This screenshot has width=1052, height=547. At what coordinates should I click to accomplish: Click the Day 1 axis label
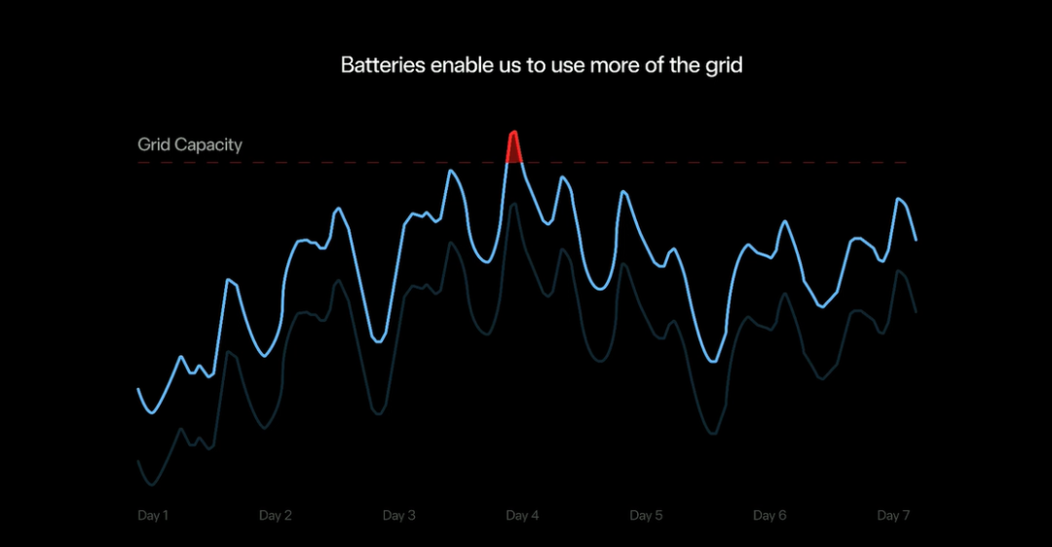153,516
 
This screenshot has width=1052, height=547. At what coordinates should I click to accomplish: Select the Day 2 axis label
276,516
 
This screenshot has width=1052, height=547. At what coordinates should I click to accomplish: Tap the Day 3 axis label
399,516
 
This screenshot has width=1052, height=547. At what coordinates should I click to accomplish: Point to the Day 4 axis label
522,516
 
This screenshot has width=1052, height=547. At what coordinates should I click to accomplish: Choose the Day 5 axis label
646,516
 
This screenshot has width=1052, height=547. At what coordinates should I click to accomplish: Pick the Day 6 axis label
770,516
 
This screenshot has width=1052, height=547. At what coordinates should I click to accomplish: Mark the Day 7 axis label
893,516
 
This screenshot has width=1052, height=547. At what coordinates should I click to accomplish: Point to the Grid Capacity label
190,145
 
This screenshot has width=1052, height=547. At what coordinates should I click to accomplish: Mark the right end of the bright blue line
916,239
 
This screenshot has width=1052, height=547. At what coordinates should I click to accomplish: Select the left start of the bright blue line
138,389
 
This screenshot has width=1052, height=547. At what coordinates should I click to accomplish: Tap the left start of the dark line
138,460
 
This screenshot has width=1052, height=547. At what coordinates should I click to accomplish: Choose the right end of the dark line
916,311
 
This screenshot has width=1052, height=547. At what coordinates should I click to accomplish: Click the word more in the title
611,66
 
